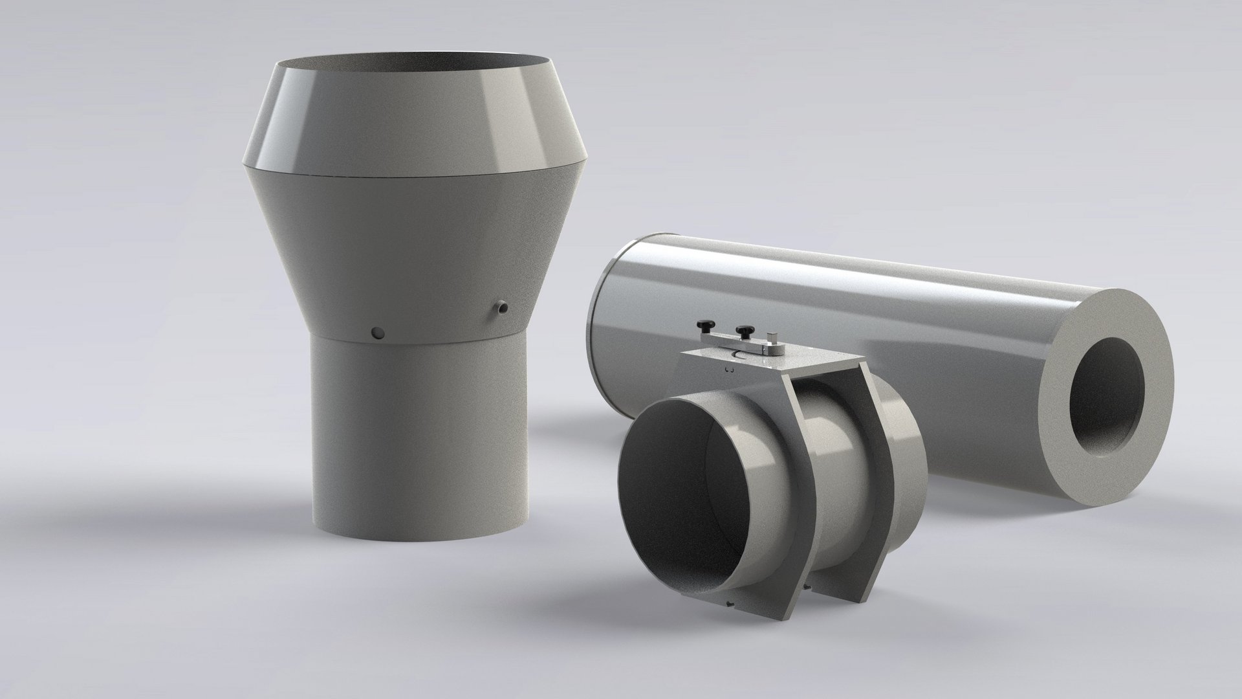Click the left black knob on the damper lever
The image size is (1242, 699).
pos(706,325)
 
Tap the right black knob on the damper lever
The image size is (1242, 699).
pos(745,331)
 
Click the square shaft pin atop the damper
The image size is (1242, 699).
pos(772,338)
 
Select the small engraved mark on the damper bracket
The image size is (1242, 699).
pos(729,370)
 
